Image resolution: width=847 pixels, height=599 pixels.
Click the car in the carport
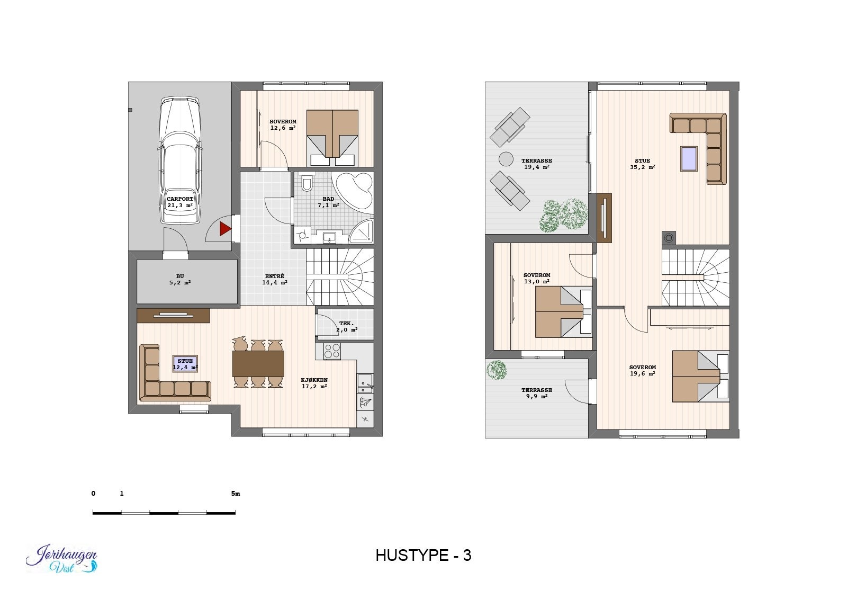tap(180, 159)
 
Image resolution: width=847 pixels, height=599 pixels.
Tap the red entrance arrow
tap(226, 229)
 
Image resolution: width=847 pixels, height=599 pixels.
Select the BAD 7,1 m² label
tap(328, 202)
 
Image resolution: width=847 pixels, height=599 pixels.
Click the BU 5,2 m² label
tap(180, 280)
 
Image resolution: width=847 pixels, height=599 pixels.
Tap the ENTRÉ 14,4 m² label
tap(274, 280)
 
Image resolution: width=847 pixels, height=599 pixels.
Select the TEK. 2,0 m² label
tap(347, 327)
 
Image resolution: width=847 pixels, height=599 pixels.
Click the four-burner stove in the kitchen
tap(332, 351)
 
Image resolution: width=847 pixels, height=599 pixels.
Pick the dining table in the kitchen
tap(258, 363)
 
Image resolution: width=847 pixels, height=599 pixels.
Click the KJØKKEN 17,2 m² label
tap(314, 383)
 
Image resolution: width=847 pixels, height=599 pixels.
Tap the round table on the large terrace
tap(507, 159)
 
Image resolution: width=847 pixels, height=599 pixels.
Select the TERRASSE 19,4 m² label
tap(536, 164)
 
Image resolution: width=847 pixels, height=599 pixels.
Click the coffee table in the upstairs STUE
tap(689, 158)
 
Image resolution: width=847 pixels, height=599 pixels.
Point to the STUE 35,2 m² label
tap(643, 164)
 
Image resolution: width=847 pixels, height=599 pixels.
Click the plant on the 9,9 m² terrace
tap(497, 370)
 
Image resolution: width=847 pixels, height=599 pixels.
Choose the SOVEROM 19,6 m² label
tap(643, 370)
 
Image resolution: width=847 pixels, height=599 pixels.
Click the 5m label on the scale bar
tap(236, 494)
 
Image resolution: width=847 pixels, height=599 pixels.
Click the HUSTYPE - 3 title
tap(423, 555)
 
